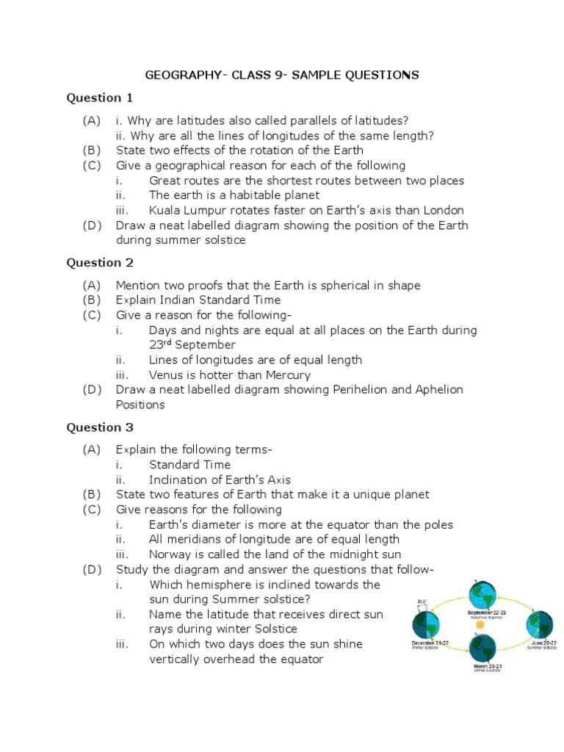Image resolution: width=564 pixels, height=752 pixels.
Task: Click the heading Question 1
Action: point(100,98)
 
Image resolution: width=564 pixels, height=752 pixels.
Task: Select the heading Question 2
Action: point(100,262)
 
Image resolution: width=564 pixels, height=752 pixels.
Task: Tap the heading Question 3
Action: point(100,427)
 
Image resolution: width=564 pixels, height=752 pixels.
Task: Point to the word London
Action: point(444,210)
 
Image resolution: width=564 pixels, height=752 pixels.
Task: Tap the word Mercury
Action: point(285,375)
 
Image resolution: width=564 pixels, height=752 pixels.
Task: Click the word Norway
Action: point(169,554)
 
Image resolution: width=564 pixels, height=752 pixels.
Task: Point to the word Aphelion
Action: point(439,389)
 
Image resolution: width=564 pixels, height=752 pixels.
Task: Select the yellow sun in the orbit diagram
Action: point(481,624)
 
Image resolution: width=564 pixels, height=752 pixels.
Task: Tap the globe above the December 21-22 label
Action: point(427,625)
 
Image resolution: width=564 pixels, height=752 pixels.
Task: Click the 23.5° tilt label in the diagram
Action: point(422,601)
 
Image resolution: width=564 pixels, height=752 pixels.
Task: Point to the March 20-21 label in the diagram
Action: point(482,666)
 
